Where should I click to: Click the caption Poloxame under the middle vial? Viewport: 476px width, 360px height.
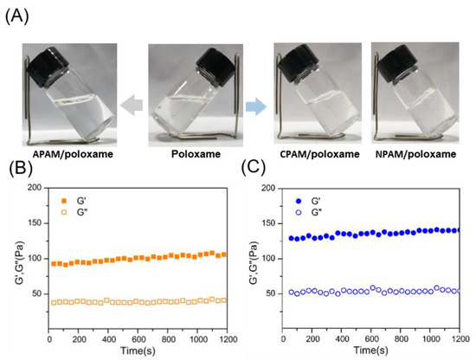(190, 154)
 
